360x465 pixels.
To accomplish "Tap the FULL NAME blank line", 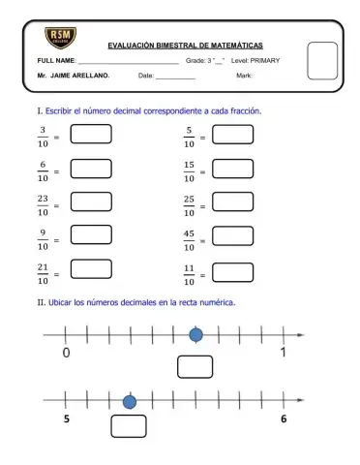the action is [136, 62].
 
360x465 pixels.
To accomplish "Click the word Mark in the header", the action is [244, 75].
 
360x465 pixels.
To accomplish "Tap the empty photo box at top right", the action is [321, 60].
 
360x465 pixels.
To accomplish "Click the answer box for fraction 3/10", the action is [90, 135].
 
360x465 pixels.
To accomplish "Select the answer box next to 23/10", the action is [90, 202].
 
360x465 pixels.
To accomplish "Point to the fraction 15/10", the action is [189, 171].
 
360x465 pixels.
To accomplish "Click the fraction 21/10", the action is [44, 275].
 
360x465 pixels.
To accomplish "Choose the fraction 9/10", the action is [44, 239].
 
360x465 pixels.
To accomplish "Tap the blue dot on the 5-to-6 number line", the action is [130, 401].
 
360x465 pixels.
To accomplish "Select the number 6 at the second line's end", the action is [284, 419].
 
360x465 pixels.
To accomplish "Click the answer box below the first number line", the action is [195, 367].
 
